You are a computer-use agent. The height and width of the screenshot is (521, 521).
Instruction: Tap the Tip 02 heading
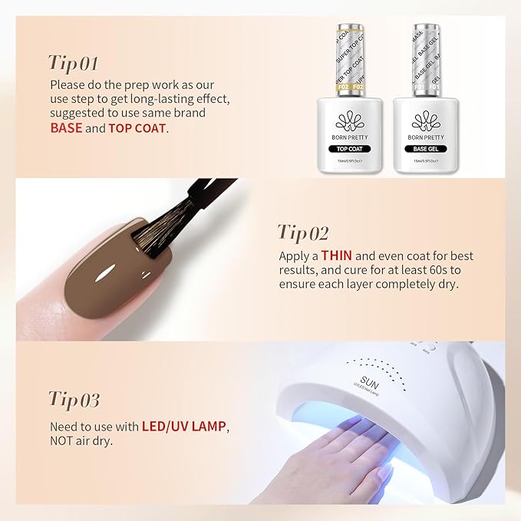pos(303,232)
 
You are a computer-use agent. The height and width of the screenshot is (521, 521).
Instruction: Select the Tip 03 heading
pos(74,399)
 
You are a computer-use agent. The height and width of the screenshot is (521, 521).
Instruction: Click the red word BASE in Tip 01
pos(66,128)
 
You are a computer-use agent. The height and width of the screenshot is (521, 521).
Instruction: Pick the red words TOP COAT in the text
pos(137,128)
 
